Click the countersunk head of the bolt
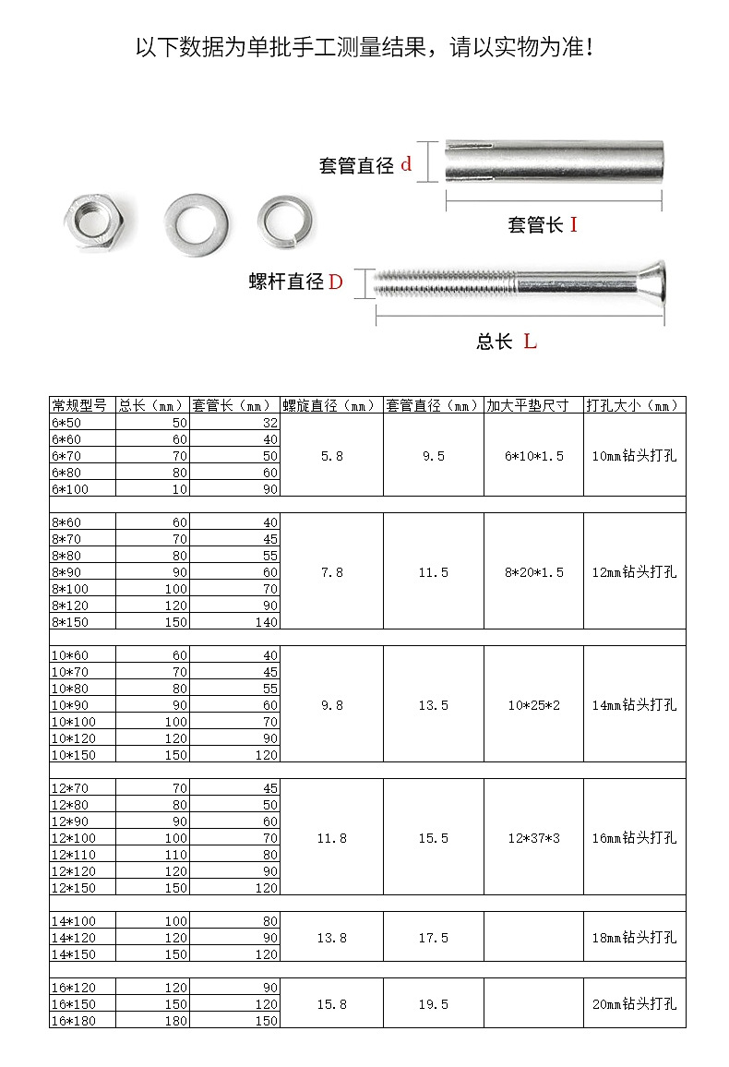[x=646, y=284]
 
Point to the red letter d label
[x=406, y=165]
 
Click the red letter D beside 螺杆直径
[x=335, y=282]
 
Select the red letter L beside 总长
[x=530, y=342]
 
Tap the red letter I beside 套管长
[x=573, y=224]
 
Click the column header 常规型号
[x=81, y=405]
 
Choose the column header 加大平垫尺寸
[x=533, y=405]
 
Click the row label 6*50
[x=67, y=422]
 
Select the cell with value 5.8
[x=331, y=456]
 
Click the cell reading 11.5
[x=433, y=572]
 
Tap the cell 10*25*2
[x=533, y=705]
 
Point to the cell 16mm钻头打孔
[x=634, y=838]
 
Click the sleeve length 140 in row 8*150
[x=265, y=621]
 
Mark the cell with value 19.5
[x=433, y=1004]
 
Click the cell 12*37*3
[x=533, y=838]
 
